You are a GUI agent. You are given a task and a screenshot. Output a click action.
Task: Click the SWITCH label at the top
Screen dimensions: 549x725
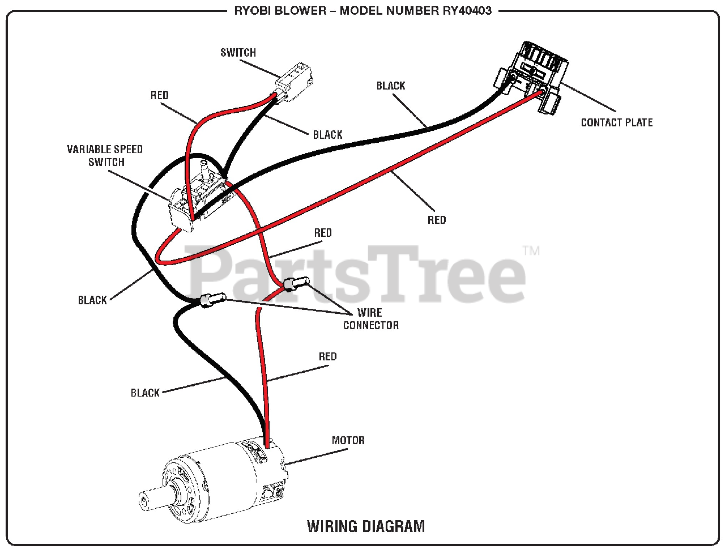click(238, 53)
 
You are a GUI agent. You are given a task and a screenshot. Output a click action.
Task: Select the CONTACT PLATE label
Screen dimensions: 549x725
click(616, 122)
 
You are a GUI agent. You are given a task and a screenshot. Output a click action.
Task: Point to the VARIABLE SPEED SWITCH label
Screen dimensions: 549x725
click(105, 156)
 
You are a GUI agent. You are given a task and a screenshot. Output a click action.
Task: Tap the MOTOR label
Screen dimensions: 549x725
click(348, 440)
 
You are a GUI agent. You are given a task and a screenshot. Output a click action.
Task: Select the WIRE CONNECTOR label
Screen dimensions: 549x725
click(370, 319)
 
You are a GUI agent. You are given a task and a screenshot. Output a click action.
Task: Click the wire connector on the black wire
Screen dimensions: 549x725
click(212, 300)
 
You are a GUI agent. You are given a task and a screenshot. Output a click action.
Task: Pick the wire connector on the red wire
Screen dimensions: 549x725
click(296, 282)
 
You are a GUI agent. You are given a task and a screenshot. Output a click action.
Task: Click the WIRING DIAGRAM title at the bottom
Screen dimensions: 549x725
click(366, 526)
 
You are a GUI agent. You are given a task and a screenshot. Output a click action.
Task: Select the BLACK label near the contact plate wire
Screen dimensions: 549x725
click(391, 86)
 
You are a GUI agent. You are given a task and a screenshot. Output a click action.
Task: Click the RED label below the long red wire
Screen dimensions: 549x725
click(437, 220)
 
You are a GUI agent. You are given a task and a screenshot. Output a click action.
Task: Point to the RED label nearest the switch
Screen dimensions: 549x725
click(160, 95)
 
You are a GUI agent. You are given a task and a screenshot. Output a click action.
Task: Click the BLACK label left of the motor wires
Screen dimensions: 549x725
click(145, 393)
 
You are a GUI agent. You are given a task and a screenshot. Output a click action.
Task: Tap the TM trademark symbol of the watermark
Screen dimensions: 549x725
click(531, 250)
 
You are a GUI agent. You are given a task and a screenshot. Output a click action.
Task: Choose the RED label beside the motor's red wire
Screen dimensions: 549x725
click(327, 356)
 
